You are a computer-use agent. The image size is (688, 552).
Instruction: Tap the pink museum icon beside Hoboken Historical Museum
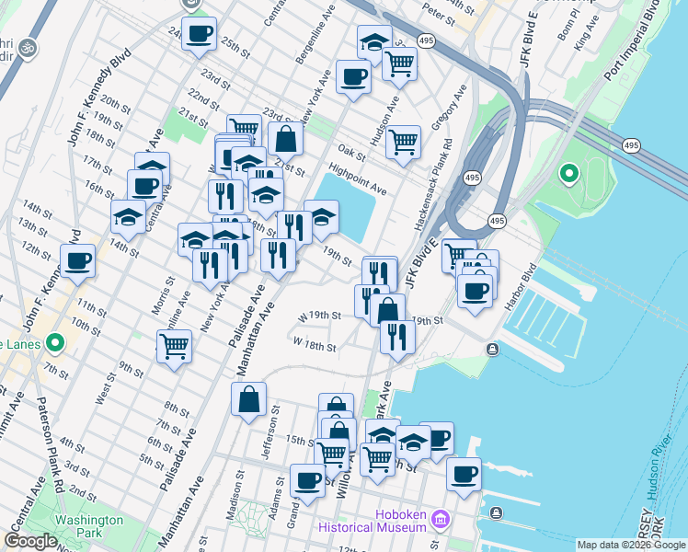(441, 520)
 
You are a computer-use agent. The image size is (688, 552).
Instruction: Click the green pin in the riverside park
(568, 172)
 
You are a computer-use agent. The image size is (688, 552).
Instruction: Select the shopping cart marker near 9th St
(174, 346)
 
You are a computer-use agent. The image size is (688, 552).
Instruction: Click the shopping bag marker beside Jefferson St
(248, 399)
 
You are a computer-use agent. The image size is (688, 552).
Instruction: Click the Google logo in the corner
(30, 541)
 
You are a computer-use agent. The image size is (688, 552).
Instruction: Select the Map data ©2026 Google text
(631, 545)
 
